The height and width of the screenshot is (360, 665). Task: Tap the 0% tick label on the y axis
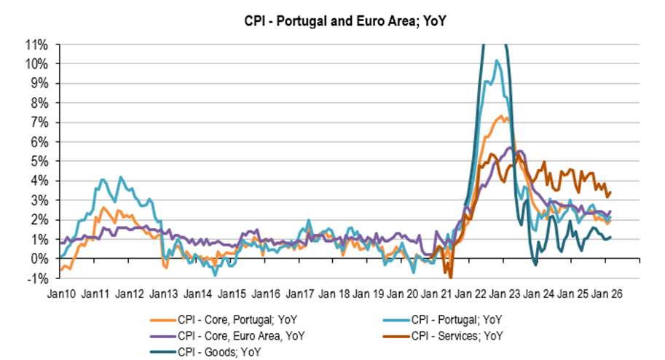(40, 259)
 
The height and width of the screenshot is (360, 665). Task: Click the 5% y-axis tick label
(40, 161)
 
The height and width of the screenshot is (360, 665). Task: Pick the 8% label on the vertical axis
(40, 103)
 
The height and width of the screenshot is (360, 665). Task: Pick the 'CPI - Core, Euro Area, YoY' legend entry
(240, 335)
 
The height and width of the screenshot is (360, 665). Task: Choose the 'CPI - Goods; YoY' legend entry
(218, 352)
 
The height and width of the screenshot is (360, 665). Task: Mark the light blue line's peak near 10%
(497, 61)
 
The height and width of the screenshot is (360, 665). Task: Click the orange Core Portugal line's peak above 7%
(505, 116)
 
